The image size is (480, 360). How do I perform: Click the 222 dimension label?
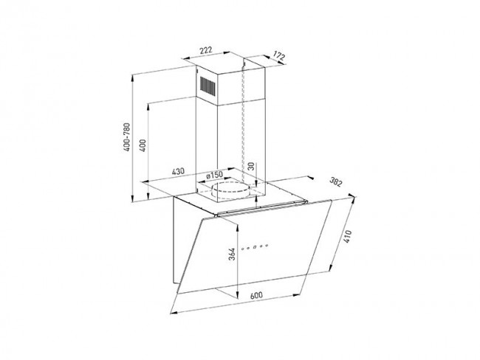coord(206,50)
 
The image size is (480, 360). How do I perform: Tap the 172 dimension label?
coord(279,56)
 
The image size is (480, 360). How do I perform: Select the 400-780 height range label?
coord(126,136)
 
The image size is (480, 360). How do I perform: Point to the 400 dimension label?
coord(143,145)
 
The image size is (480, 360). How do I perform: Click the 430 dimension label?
coord(178,171)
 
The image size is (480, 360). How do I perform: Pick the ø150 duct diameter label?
coord(214,175)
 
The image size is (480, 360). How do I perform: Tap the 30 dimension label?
coord(251,166)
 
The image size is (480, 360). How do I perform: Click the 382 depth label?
coord(335,182)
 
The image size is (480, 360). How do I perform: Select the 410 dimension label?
coord(348,236)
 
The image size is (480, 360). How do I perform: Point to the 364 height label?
coord(232,254)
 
